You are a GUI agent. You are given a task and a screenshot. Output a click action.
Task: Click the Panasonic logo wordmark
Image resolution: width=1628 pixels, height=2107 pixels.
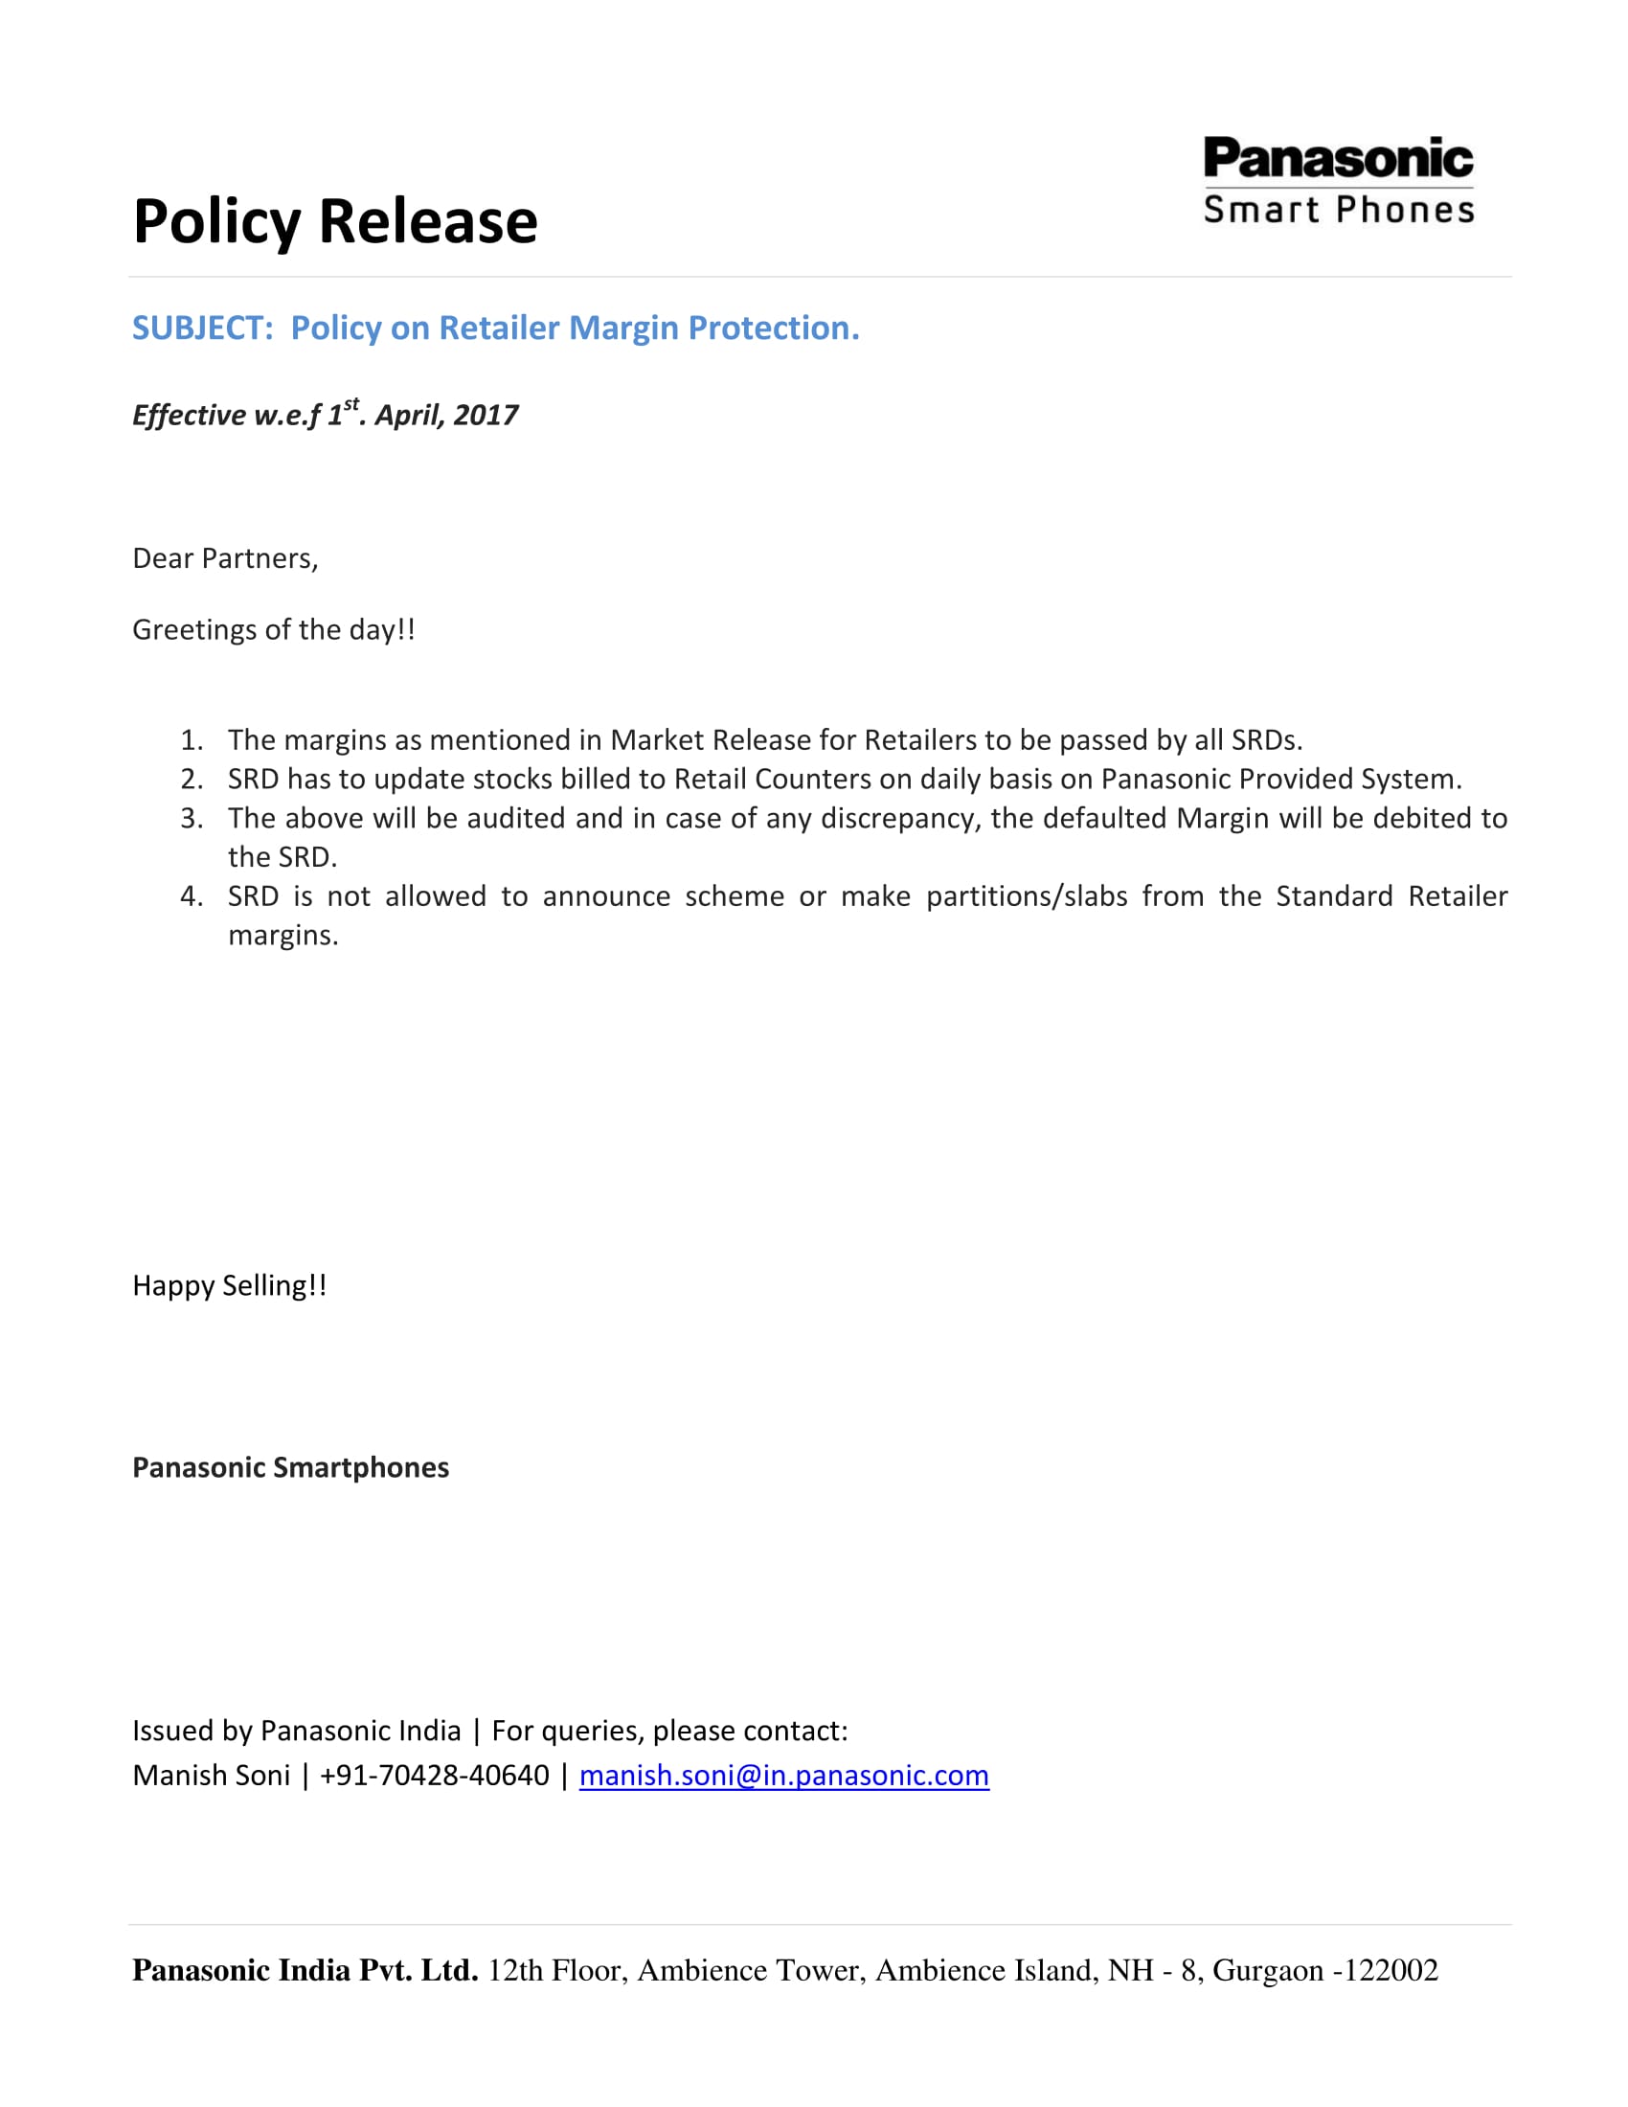pyautogui.click(x=1338, y=158)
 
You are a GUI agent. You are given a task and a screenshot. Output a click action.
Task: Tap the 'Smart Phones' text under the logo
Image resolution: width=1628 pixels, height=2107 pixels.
pyautogui.click(x=1339, y=210)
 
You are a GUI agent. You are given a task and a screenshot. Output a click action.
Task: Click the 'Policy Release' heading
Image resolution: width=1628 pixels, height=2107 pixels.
pyautogui.click(x=334, y=221)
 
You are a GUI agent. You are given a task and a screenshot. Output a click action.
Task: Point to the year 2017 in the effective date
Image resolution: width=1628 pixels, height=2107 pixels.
pyautogui.click(x=486, y=415)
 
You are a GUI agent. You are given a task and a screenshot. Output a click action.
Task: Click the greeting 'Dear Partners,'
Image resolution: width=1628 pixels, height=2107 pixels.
pyautogui.click(x=225, y=558)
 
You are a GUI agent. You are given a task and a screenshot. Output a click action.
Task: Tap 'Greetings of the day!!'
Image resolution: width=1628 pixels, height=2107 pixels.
pyautogui.click(x=273, y=630)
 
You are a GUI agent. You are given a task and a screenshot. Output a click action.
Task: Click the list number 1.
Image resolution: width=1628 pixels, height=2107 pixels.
pyautogui.click(x=191, y=740)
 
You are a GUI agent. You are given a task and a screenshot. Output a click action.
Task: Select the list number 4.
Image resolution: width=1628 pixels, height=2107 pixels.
pyautogui.click(x=191, y=896)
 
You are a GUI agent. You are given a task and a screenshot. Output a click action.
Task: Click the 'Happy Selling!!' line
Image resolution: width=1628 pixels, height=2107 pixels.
pyautogui.click(x=230, y=1286)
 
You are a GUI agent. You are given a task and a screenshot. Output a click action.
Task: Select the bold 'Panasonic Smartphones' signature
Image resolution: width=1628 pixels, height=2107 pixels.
pyautogui.click(x=290, y=1467)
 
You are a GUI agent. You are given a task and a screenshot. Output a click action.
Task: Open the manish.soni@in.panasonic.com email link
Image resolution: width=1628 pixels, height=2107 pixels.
pyautogui.click(x=783, y=1775)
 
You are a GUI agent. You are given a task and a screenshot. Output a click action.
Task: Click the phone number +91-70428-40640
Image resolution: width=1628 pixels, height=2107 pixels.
pyautogui.click(x=434, y=1775)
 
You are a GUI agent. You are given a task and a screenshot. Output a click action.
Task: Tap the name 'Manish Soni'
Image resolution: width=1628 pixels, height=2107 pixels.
pyautogui.click(x=211, y=1775)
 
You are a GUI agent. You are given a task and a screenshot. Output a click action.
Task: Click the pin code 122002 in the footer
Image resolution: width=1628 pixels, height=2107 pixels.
pyautogui.click(x=1392, y=1970)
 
